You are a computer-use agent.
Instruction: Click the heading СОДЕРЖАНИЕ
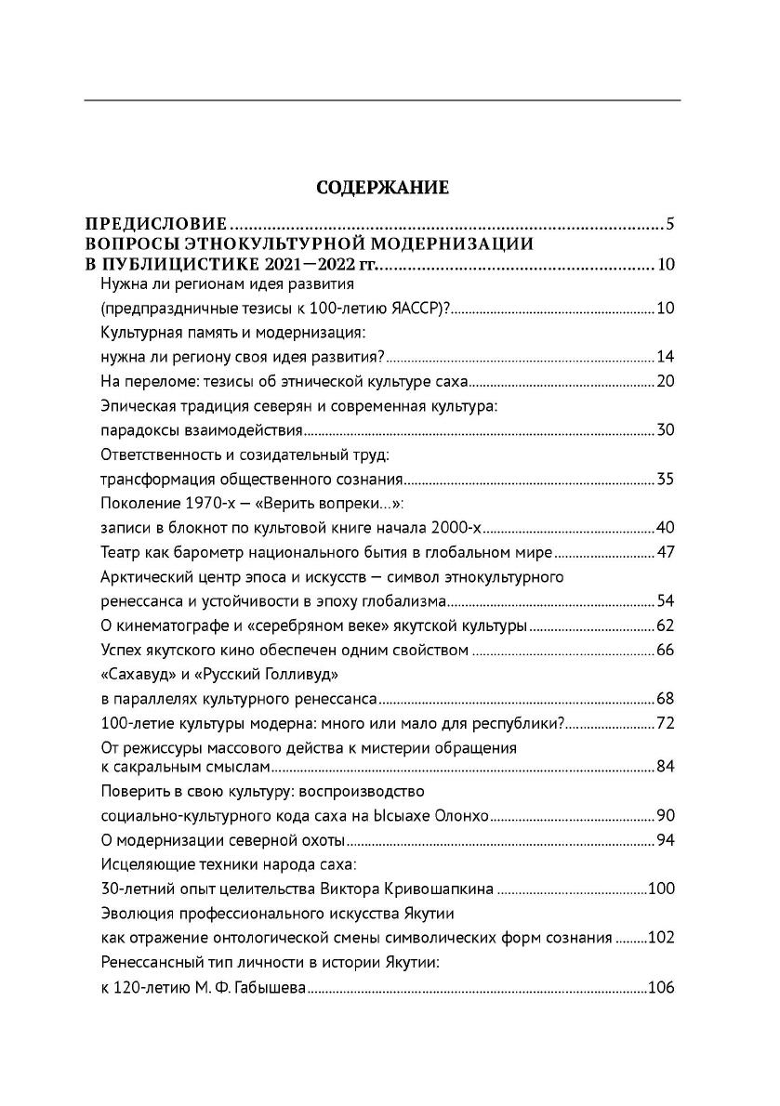pos(383,189)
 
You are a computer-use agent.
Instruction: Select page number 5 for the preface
pos(669,225)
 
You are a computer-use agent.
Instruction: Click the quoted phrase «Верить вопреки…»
pos(350,505)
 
